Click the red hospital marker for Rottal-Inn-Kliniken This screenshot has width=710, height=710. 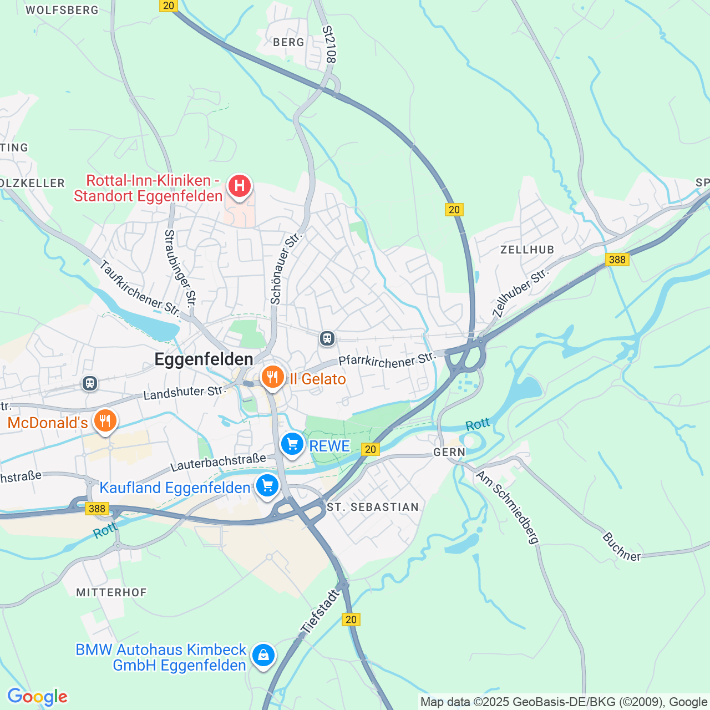[x=240, y=185]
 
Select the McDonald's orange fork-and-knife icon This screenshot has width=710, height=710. [x=105, y=421]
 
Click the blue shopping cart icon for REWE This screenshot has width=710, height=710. [x=292, y=444]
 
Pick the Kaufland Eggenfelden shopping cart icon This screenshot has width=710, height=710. [x=267, y=486]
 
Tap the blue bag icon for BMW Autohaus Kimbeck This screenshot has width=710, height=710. [x=263, y=655]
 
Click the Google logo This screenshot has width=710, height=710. [x=37, y=697]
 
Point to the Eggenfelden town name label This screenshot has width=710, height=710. [x=204, y=359]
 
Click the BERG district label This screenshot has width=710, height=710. [x=288, y=42]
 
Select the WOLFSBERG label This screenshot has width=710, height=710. [x=62, y=10]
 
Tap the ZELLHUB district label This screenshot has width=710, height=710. [x=527, y=250]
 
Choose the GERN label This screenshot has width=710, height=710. [x=449, y=452]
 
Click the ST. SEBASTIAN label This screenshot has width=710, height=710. [x=373, y=507]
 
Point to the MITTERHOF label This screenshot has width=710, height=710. [x=111, y=592]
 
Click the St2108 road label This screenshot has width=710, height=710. [x=330, y=44]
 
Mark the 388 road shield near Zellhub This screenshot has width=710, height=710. [x=617, y=260]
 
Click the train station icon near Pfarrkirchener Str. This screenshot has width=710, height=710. [x=327, y=338]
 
